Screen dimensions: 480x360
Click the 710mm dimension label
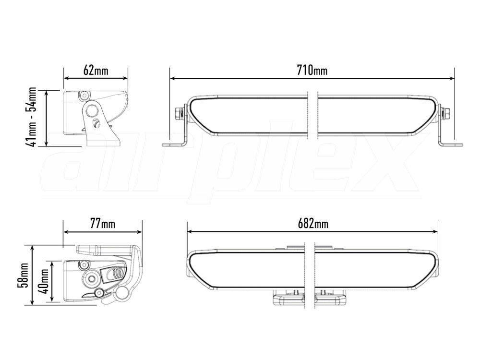pos(312,71)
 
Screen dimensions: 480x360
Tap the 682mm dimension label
pos(313,224)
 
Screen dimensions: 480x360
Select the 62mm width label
pos(96,71)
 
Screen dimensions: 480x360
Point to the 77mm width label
pos(103,224)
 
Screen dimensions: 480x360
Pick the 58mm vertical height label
pos(23,275)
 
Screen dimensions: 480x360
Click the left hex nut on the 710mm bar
pos(178,114)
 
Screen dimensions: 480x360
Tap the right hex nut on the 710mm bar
pos(446,114)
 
